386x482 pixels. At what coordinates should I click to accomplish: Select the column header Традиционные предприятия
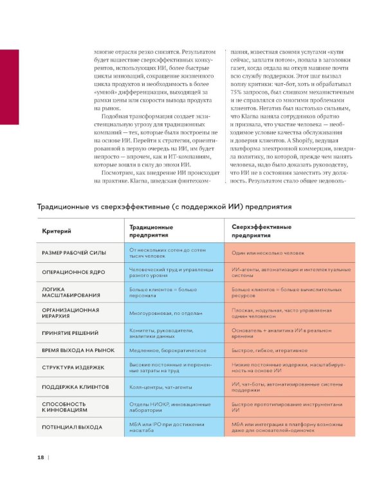coord(151,231)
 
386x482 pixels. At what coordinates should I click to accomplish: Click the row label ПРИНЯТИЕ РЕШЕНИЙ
coord(70,333)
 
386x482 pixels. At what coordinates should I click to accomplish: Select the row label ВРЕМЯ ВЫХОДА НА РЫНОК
coord(78,350)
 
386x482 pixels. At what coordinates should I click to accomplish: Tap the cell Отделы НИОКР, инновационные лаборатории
coord(170,407)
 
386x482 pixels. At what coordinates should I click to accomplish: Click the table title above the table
coord(164,207)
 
